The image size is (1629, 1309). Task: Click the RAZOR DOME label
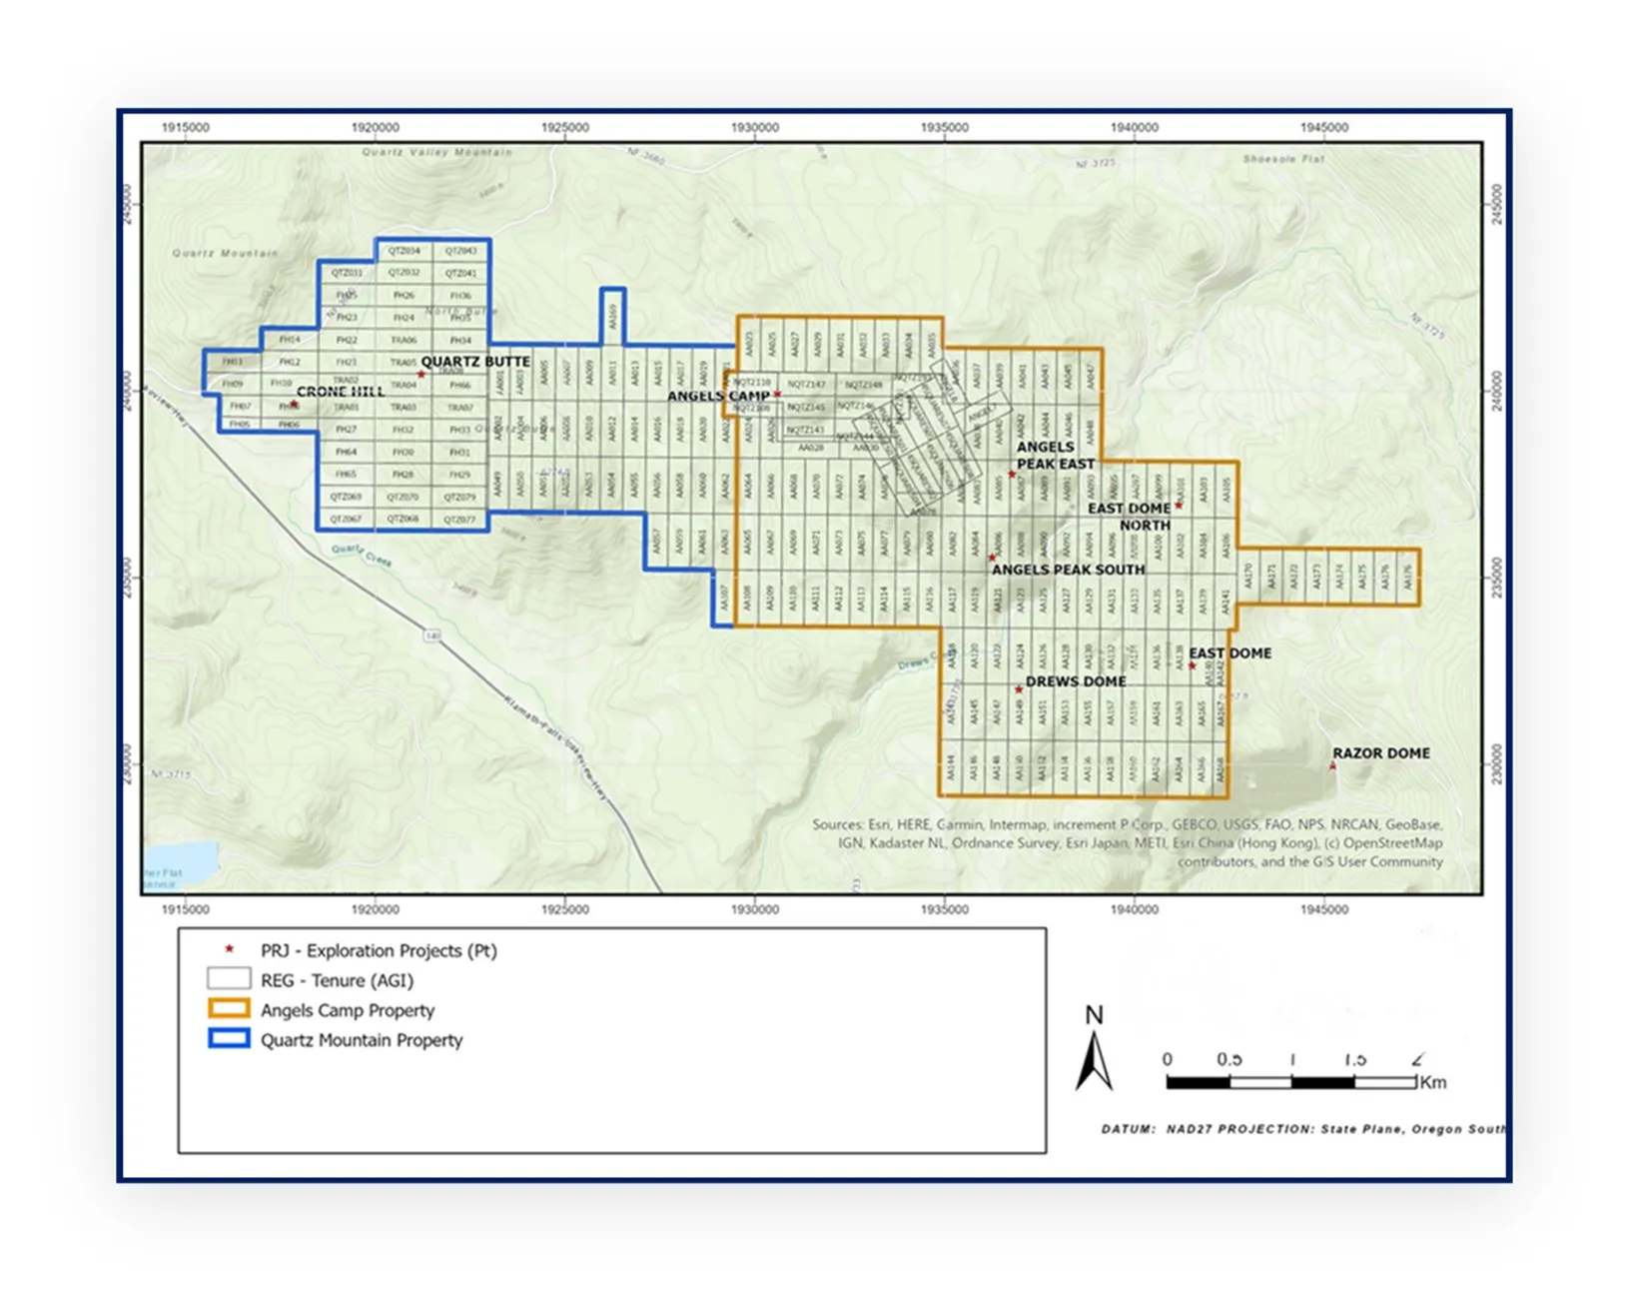tap(1380, 753)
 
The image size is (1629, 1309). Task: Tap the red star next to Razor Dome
tap(1332, 766)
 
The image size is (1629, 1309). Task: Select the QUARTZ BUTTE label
tap(475, 362)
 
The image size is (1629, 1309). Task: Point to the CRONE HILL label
tap(341, 392)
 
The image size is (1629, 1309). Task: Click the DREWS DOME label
tap(1076, 681)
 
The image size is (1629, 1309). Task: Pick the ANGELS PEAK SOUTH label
tap(1068, 570)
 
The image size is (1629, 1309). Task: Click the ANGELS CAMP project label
tap(718, 396)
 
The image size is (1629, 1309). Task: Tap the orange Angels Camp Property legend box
tap(228, 1009)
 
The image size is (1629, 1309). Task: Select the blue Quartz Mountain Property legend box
tap(228, 1039)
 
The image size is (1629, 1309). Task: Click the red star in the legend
tap(229, 949)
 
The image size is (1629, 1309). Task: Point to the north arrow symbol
tap(1094, 1059)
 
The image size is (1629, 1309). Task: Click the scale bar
tap(1291, 1082)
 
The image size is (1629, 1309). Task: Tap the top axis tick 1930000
tap(754, 128)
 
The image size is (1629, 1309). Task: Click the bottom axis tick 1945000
tap(1323, 909)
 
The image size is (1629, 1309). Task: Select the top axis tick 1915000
tap(186, 128)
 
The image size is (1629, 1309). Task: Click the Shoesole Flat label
tap(1283, 159)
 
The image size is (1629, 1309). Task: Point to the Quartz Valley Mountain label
tap(436, 153)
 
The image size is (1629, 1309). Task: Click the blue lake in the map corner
tap(180, 861)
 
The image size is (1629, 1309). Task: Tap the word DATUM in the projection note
tap(1128, 1129)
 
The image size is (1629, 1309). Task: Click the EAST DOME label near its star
tap(1229, 654)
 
